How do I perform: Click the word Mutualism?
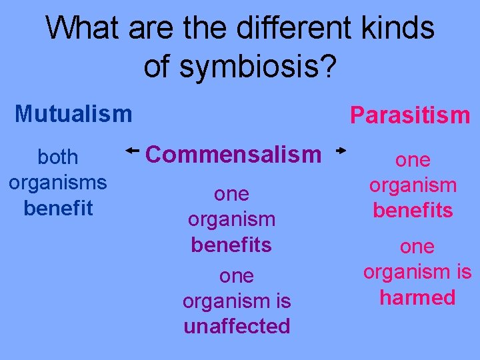point(73,114)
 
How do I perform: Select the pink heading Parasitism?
point(410,115)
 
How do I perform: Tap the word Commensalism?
point(233,155)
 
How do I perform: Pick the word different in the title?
point(291,29)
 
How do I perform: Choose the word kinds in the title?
point(401,29)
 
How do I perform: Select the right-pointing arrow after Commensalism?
point(341,152)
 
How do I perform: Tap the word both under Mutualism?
point(58,157)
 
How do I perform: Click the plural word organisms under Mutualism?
point(58,183)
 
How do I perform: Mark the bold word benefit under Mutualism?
point(58,208)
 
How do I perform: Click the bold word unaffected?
point(237,326)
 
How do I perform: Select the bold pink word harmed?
point(417,297)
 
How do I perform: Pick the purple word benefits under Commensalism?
point(231,245)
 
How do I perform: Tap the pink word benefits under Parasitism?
point(413,211)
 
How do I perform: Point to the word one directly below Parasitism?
point(413,160)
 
